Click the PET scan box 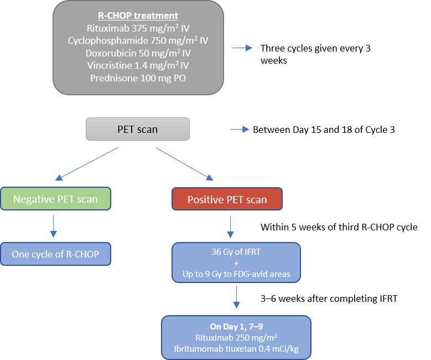(137, 130)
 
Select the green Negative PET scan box (55, 199)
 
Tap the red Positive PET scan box (227, 199)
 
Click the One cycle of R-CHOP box (55, 255)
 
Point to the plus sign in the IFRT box (236, 263)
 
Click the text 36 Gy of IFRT (236, 253)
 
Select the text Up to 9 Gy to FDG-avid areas (236, 274)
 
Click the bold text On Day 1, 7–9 (236, 326)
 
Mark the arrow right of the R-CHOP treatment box (242, 48)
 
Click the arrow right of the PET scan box (239, 130)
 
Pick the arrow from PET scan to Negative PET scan (87, 164)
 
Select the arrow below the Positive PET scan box (230, 226)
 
